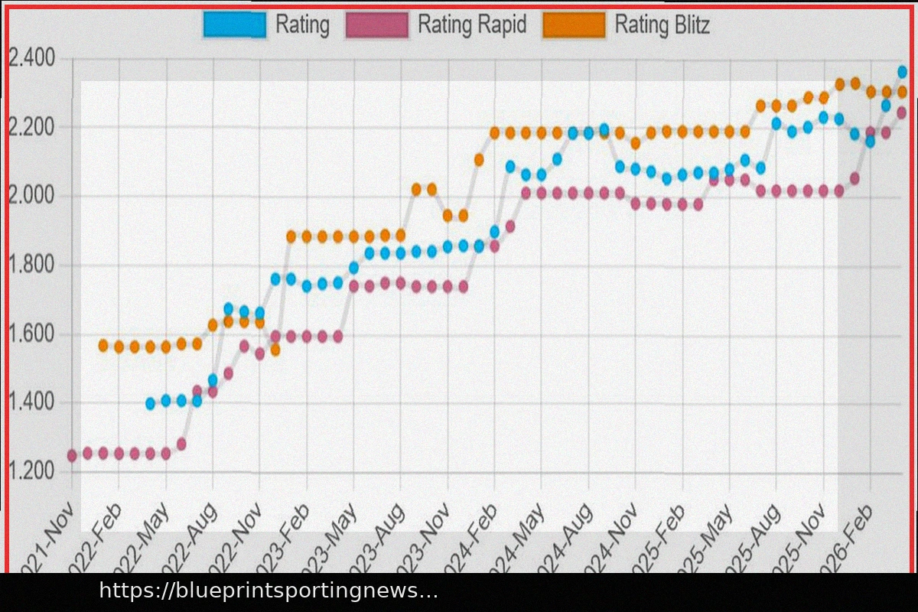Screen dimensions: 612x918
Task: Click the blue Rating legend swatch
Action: tap(235, 24)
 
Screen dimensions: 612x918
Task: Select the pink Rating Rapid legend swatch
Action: tap(377, 24)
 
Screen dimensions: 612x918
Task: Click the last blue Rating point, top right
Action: tap(902, 72)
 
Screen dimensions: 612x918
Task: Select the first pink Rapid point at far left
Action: tap(72, 455)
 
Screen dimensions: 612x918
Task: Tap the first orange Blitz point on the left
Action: tap(103, 346)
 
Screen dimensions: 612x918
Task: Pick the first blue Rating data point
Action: tap(150, 403)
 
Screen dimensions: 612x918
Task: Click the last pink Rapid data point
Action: tap(902, 112)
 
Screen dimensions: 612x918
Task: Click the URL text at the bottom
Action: tap(268, 591)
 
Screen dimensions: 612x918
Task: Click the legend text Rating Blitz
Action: tap(662, 25)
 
